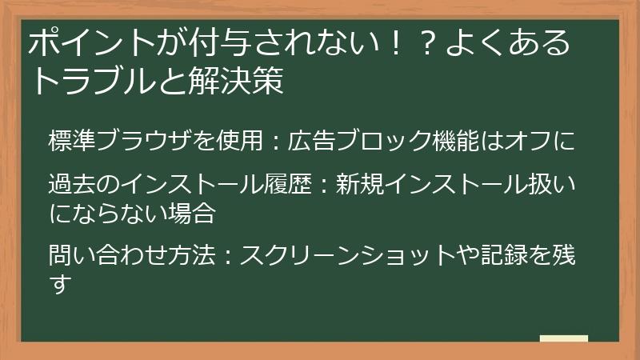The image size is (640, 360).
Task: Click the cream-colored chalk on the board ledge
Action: click(563, 339)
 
